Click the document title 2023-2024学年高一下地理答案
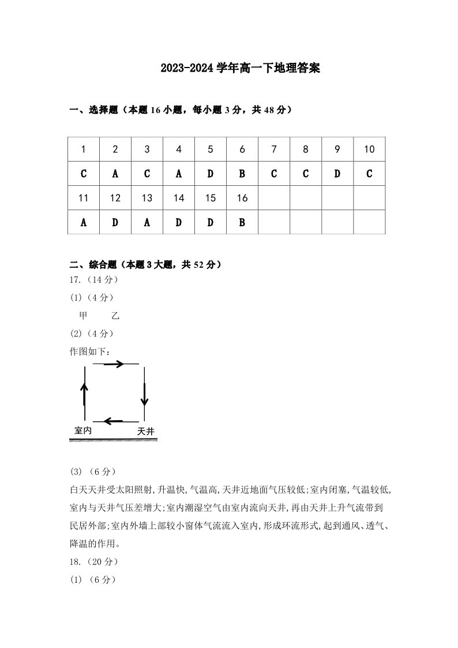click(240, 69)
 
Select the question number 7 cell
click(274, 149)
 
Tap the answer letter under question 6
click(242, 174)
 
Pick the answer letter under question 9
click(337, 174)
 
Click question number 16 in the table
click(242, 198)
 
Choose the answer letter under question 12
click(115, 222)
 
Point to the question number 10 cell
click(369, 149)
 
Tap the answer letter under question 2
click(115, 174)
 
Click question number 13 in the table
click(147, 198)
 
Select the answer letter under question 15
click(211, 222)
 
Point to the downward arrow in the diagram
click(144, 395)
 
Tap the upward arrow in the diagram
click(85, 392)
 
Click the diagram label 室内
click(84, 430)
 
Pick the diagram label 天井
click(146, 431)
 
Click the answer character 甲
click(83, 316)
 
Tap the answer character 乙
click(115, 316)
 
